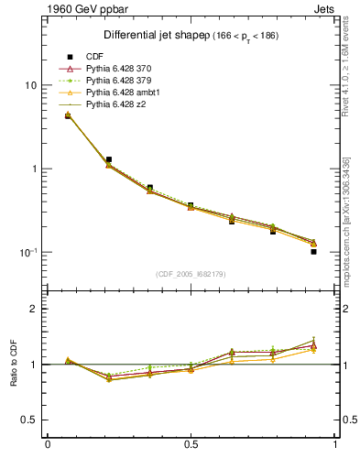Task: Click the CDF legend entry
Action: [94, 58]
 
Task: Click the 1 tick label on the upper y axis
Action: [34, 169]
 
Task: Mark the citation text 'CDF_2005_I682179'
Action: [191, 274]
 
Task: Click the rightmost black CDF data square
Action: [313, 251]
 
